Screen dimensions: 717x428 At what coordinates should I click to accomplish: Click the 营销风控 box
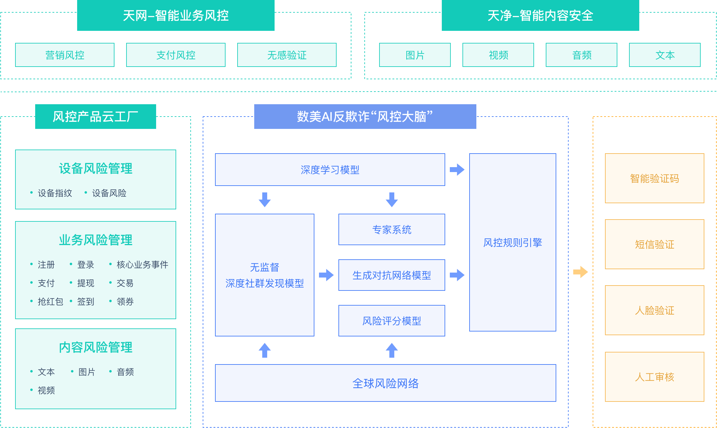65,55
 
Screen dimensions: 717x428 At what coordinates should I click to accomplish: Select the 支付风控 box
176,55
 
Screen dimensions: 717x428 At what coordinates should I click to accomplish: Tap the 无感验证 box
287,55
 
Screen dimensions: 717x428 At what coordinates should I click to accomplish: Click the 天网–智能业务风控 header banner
176,15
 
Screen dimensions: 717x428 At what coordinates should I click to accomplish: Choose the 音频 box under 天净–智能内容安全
582,55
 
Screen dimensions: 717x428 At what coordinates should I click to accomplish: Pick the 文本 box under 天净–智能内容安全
665,55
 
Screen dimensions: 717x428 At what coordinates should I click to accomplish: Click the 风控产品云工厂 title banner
96,117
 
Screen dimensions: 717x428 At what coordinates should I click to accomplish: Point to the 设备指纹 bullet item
55,193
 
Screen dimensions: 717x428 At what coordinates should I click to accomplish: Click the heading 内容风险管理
96,347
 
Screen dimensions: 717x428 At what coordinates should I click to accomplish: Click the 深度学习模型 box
330,170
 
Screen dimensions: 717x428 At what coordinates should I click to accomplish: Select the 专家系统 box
392,229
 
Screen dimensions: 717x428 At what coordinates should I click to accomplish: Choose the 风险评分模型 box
392,321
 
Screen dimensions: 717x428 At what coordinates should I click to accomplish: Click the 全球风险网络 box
386,383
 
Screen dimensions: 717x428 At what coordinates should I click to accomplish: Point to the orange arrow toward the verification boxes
580,272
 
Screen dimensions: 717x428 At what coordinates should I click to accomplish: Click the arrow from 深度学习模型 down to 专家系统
392,200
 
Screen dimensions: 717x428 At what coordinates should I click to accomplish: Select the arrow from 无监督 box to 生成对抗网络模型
326,275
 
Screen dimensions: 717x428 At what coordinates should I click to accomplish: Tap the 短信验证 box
655,244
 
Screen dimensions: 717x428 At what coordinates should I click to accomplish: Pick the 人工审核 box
655,377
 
